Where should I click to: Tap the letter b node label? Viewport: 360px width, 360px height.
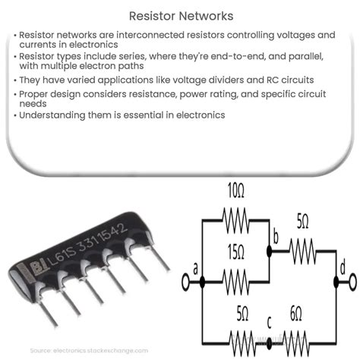pos(276,238)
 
